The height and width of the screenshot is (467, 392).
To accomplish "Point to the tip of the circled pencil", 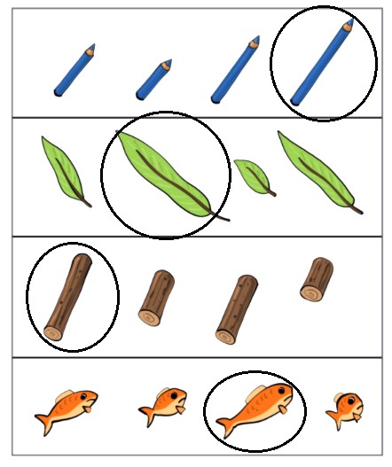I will (x=350, y=20).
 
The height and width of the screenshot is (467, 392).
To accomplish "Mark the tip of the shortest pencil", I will (x=169, y=62).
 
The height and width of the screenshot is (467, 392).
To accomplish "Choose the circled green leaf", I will (x=167, y=172).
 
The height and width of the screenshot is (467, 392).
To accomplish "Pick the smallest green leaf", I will (x=254, y=175).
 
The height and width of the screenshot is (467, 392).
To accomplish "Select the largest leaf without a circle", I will (x=317, y=172).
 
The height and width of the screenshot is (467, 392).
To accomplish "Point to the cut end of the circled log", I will (x=54, y=331).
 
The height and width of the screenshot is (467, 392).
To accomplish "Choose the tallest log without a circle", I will (x=236, y=308).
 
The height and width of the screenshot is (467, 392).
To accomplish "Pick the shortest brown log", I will (x=316, y=278).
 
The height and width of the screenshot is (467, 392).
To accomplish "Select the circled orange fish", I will (x=254, y=410).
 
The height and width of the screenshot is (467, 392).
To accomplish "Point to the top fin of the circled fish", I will (x=255, y=390).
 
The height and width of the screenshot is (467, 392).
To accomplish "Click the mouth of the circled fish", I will (x=289, y=409).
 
